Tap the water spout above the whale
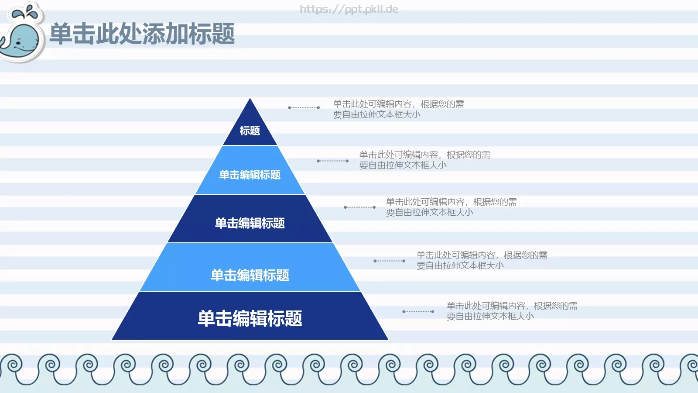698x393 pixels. click(x=27, y=12)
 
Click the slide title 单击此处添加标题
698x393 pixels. click(x=142, y=34)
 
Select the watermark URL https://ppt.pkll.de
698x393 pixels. click(x=349, y=9)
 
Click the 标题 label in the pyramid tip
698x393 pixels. click(x=250, y=131)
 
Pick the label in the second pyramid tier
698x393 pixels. click(x=250, y=175)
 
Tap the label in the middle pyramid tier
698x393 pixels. click(x=250, y=223)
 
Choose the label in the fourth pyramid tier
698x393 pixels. click(x=250, y=275)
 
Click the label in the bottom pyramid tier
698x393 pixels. click(x=250, y=318)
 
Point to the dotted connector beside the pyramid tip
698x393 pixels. click(x=304, y=107)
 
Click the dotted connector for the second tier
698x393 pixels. click(x=332, y=161)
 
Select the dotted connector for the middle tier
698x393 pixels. click(x=359, y=207)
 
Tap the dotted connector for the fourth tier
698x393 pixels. click(x=390, y=261)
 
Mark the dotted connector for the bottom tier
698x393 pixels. click(x=418, y=311)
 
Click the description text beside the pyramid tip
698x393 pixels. click(x=398, y=109)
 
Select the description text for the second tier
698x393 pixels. click(x=424, y=160)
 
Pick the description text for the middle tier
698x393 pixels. click(x=451, y=207)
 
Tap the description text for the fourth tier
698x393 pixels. click(x=482, y=260)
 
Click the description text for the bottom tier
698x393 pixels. click(x=512, y=311)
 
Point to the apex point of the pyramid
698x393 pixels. click(x=250, y=99)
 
